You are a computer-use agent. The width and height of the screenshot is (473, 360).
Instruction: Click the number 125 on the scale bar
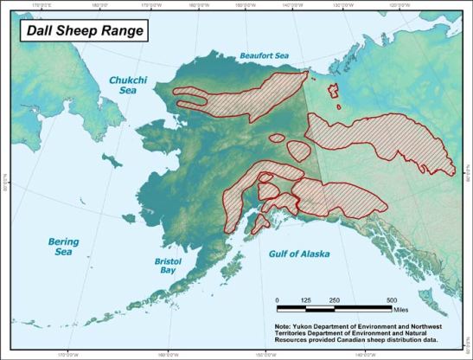[x=305, y=299]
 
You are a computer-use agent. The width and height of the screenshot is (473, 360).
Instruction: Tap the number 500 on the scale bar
[x=391, y=299]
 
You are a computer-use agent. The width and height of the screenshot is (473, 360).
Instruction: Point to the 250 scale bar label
[x=334, y=299]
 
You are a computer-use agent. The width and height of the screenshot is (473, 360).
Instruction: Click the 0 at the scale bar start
[x=278, y=299]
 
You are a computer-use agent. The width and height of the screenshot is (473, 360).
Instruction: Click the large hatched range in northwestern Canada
[x=380, y=143]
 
